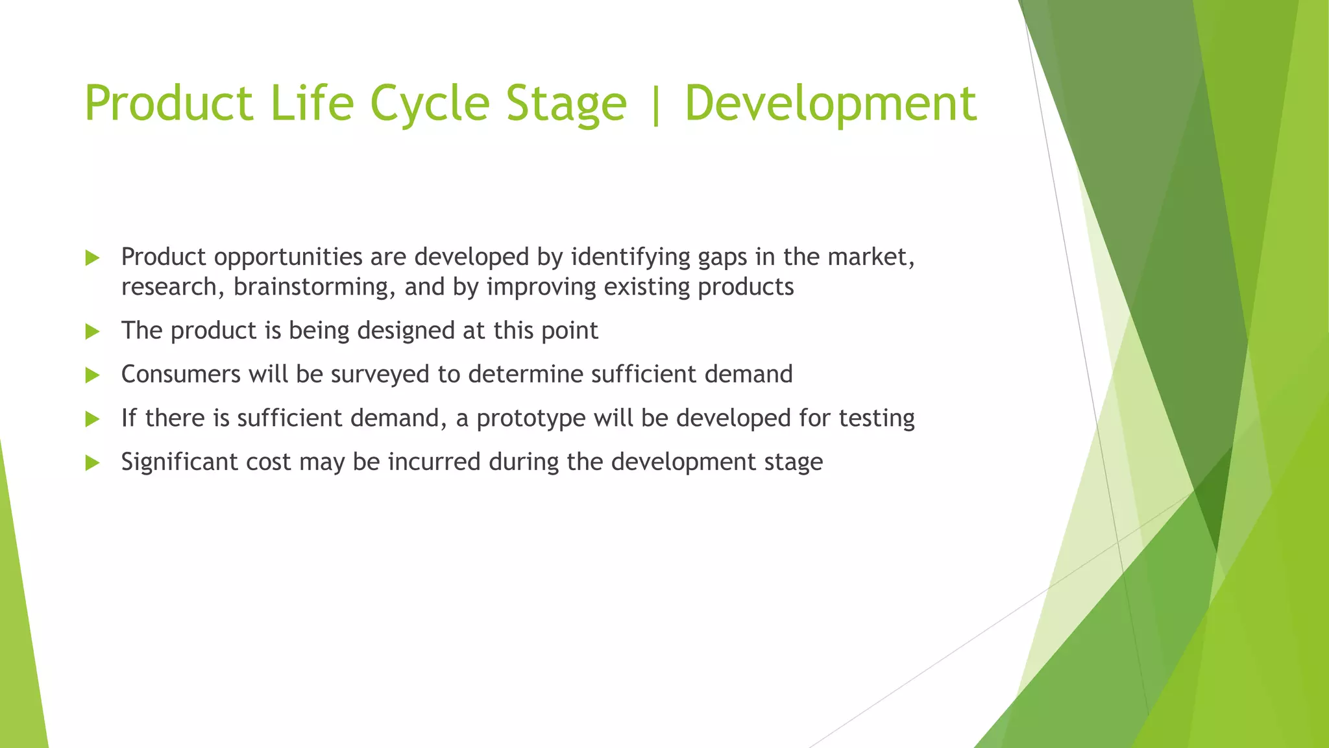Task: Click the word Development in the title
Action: pos(831,104)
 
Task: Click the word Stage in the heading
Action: pos(566,104)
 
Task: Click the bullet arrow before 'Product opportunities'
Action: pos(92,258)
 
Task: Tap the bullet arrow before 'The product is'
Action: pos(92,332)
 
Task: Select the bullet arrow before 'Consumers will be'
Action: pos(92,375)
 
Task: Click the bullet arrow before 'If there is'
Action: pos(92,419)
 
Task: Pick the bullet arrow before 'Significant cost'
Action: pos(92,463)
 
